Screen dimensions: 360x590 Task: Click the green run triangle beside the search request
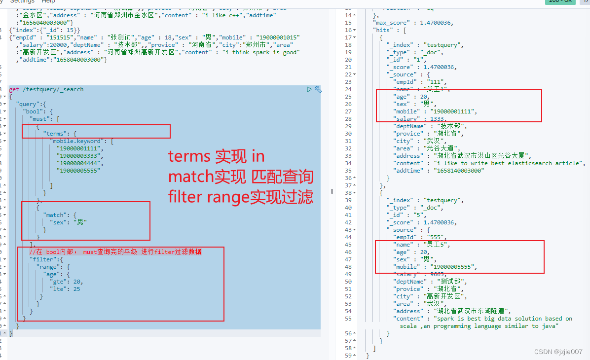click(x=309, y=89)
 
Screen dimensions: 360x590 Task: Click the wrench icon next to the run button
click(x=318, y=89)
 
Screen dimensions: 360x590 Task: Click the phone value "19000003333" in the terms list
click(x=80, y=156)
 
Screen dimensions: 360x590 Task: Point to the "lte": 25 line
click(x=65, y=289)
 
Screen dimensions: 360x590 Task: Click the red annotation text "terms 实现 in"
click(x=217, y=156)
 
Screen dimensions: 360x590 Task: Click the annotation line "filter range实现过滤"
click(x=240, y=198)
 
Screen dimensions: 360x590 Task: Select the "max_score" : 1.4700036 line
click(x=412, y=23)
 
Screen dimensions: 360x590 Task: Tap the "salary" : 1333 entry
click(x=420, y=119)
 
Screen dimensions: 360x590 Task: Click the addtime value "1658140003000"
click(x=458, y=171)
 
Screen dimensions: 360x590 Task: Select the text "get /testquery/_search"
click(x=46, y=89)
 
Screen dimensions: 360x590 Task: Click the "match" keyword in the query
click(x=55, y=215)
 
